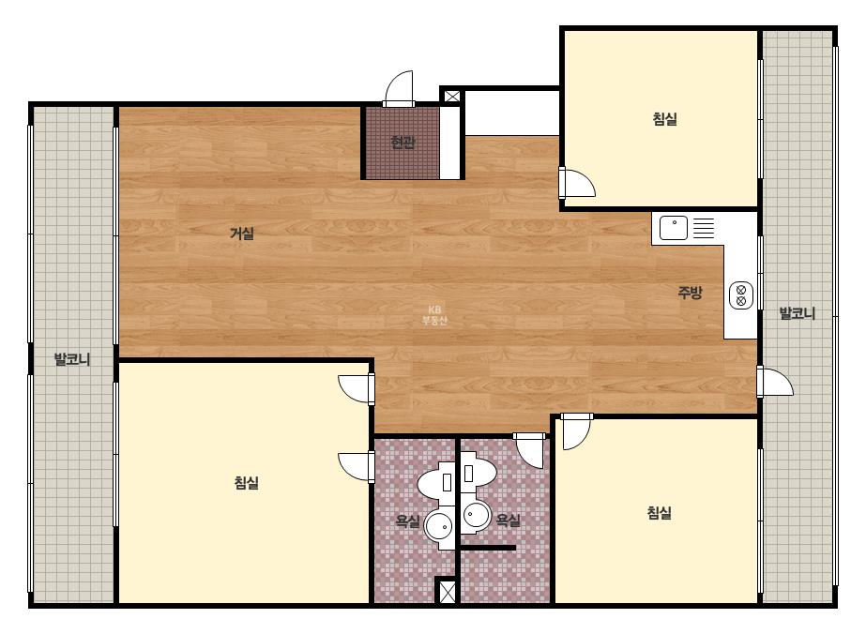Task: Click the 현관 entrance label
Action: pyautogui.click(x=403, y=143)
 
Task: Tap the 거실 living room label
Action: pyautogui.click(x=242, y=233)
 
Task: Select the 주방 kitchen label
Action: pyautogui.click(x=690, y=293)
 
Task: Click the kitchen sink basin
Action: pyautogui.click(x=674, y=228)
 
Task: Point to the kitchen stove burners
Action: pyautogui.click(x=741, y=294)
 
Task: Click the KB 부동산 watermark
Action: pyautogui.click(x=434, y=315)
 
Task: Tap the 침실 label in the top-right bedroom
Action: pyautogui.click(x=665, y=119)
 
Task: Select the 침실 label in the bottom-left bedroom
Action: pyautogui.click(x=247, y=483)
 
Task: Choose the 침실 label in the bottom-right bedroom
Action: pyautogui.click(x=660, y=512)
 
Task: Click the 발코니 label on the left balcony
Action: pyautogui.click(x=72, y=359)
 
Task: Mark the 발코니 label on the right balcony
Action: pyautogui.click(x=797, y=313)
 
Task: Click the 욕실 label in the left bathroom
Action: pyautogui.click(x=407, y=521)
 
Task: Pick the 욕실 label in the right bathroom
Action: pyautogui.click(x=509, y=520)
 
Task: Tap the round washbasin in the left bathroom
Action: pyautogui.click(x=440, y=526)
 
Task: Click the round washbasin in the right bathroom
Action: pyautogui.click(x=476, y=516)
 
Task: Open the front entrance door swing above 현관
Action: pyautogui.click(x=399, y=88)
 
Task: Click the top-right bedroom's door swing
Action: pyautogui.click(x=577, y=183)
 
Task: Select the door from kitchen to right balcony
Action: pyautogui.click(x=775, y=381)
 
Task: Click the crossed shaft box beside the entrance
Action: pyautogui.click(x=452, y=96)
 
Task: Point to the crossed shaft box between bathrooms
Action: pyautogui.click(x=446, y=591)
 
